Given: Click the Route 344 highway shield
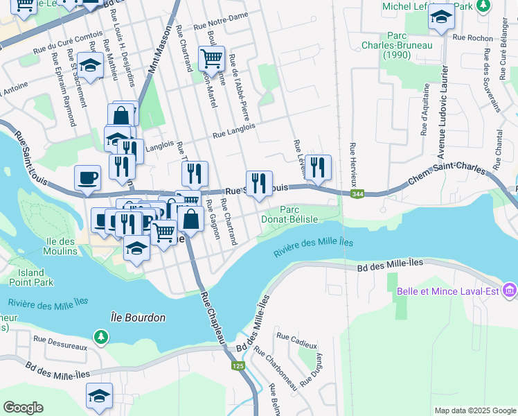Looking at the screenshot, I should [357, 195].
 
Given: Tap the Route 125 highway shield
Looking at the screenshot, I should [238, 365].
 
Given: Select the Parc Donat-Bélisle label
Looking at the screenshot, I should [299, 214].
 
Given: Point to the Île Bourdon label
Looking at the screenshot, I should [139, 318].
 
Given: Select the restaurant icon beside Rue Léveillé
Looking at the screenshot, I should [318, 166].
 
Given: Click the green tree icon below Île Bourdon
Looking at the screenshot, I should [102, 336].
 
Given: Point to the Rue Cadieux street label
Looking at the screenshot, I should [296, 340].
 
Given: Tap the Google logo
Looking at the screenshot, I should [23, 408].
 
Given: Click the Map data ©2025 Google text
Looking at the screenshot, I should [474, 410].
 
